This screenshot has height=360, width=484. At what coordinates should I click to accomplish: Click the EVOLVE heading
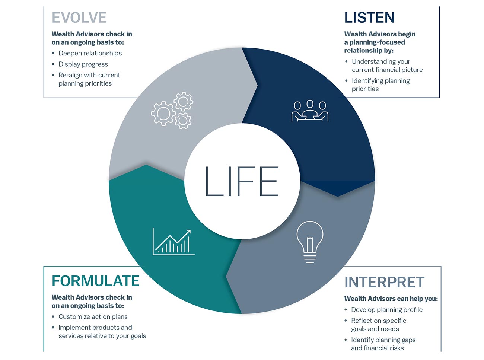79,17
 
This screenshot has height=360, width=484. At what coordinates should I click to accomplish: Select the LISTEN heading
369,17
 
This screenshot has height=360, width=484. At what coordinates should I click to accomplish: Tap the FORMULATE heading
96,281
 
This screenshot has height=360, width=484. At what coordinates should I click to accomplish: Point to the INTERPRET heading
384,282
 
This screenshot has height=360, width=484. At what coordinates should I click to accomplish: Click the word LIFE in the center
242,181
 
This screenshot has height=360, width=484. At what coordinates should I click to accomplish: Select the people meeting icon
310,111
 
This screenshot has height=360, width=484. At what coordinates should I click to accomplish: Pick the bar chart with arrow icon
173,242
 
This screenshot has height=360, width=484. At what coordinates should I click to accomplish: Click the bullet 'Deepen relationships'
90,53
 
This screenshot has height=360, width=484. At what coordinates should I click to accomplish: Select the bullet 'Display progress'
83,64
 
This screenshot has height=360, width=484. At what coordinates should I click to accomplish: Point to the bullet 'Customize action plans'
93,316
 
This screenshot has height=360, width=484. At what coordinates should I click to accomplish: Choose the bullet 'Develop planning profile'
387,310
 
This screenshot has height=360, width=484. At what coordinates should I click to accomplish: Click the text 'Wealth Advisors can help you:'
391,299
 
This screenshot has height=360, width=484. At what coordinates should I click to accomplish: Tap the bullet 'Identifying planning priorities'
380,85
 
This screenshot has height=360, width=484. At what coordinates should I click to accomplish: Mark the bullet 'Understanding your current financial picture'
387,66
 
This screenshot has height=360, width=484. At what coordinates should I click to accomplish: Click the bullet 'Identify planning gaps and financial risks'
383,344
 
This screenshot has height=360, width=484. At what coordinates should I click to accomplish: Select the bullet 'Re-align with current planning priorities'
89,79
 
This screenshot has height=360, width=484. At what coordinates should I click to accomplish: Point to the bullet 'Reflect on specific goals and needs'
378,325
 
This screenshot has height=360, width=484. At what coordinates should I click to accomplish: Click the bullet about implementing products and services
102,332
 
